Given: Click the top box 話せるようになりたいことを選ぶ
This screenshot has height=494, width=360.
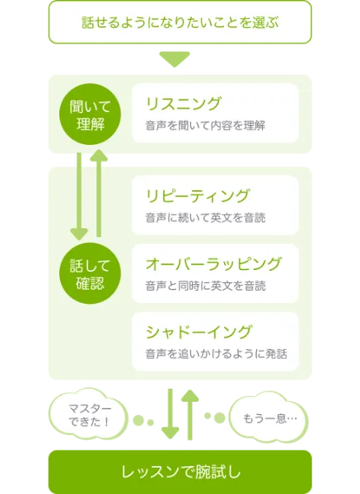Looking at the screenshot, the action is [180, 22].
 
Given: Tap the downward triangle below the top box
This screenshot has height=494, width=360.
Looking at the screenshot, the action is [175, 59].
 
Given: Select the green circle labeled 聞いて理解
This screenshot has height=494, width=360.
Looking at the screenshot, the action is [90, 114].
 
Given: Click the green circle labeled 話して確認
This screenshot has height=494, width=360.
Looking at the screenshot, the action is [90, 273].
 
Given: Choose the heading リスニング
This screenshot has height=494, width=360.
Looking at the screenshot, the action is [184, 104].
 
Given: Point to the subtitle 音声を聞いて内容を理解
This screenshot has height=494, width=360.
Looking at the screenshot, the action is [205, 125].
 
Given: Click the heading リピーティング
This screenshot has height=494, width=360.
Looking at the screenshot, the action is [198, 196].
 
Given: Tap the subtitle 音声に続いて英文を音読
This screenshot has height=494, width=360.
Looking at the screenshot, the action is [205, 217].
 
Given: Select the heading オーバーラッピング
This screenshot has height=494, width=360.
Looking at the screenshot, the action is [213, 264].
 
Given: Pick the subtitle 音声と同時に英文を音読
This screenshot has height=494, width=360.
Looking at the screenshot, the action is [205, 286].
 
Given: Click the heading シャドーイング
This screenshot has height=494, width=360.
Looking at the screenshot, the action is [199, 332].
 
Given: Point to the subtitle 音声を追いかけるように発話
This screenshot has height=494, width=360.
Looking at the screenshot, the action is [217, 354].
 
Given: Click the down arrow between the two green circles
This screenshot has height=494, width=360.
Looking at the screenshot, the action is [79, 197].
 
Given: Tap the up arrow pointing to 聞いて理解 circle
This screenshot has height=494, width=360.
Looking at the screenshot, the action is [99, 193].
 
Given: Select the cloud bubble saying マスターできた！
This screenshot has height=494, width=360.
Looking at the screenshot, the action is [89, 415].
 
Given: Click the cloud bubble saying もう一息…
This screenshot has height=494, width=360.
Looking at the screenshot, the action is [269, 417].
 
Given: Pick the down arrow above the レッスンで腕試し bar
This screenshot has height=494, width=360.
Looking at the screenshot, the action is [171, 413].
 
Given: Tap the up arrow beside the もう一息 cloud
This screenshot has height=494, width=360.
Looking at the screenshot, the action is [189, 415].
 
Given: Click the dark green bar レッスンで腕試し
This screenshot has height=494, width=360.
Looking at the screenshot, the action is [180, 472].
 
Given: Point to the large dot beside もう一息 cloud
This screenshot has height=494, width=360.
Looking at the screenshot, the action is [219, 417].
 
